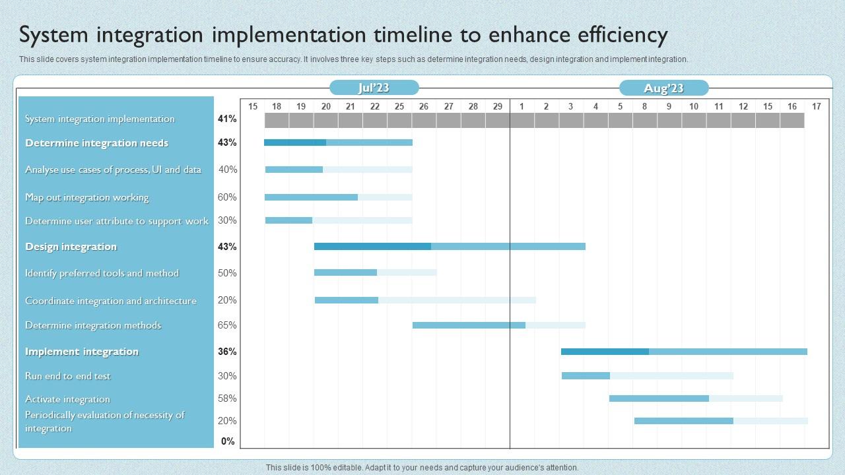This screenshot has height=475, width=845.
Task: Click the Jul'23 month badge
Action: tap(374, 88)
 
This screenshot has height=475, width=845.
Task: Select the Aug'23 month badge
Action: tap(663, 88)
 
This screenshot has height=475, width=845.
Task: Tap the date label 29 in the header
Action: tap(497, 106)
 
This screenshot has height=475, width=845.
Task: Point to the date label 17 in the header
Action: tap(816, 106)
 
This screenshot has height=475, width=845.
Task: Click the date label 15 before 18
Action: tap(252, 106)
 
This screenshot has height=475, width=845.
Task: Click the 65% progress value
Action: tap(227, 325)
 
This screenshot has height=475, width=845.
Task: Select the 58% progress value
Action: tap(227, 398)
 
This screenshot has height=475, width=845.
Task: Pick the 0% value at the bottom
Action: tap(228, 441)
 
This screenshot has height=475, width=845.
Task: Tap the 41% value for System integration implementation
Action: tap(227, 119)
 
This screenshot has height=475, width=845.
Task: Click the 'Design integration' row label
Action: tap(71, 247)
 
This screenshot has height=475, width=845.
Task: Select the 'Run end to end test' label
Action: tap(67, 376)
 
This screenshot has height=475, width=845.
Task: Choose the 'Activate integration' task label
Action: tap(67, 399)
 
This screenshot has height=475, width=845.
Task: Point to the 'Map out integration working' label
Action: tap(86, 197)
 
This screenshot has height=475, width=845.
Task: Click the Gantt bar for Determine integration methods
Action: tap(498, 325)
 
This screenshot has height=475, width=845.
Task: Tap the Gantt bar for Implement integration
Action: tap(683, 352)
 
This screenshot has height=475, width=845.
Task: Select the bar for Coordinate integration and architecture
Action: tap(424, 300)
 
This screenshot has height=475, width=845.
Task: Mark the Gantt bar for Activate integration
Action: tap(695, 398)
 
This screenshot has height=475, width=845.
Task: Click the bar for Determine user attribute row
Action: tap(338, 220)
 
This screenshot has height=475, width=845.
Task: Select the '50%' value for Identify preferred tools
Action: tap(227, 273)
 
